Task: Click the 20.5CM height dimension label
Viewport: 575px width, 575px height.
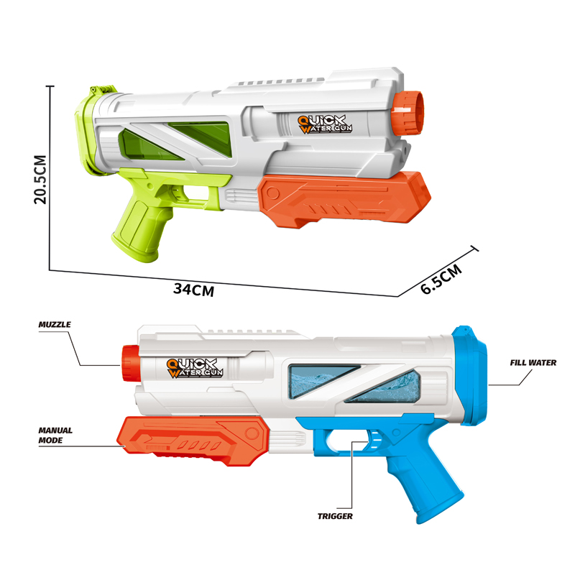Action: point(40,179)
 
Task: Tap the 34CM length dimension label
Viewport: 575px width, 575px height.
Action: point(194,290)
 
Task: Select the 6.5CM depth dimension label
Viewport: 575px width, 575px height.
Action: point(441,279)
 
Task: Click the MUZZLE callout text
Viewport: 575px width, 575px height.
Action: point(55,325)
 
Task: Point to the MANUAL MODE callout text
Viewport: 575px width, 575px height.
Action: point(55,436)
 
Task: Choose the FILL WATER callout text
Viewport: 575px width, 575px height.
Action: point(533,363)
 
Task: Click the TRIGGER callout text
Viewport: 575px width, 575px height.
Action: point(335,516)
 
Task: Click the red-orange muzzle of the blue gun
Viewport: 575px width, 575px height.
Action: point(131,363)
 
